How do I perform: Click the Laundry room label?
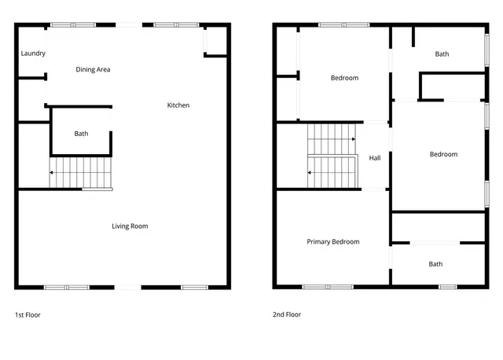click(33, 53)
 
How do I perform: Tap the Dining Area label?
click(93, 70)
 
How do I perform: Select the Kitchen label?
click(178, 105)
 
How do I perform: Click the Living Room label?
click(130, 226)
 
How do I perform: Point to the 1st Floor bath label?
click(82, 134)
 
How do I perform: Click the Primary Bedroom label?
click(333, 242)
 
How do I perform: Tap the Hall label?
click(375, 158)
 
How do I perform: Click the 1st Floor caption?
click(28, 314)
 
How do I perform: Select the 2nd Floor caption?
click(287, 314)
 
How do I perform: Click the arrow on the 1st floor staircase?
click(52, 172)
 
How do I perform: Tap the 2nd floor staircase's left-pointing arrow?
click(311, 172)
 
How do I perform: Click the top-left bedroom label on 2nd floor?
click(344, 78)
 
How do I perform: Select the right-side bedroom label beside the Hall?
click(443, 154)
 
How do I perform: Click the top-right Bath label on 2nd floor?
click(442, 54)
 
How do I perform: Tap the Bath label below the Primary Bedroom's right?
click(435, 264)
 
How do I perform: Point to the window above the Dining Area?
click(73, 25)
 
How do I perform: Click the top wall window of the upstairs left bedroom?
click(344, 25)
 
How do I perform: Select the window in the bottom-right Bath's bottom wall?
click(448, 287)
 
